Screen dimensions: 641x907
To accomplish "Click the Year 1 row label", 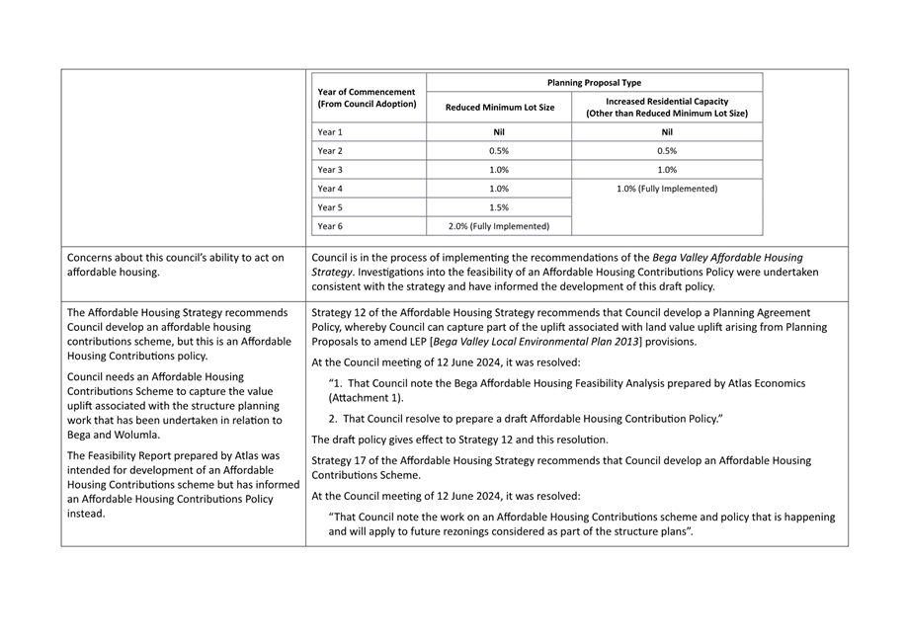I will pos(330,132).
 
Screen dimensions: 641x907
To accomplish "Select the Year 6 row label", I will pos(330,226).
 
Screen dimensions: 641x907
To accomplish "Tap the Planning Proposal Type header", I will pos(593,83).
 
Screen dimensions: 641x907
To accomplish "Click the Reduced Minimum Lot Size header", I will pos(499,108).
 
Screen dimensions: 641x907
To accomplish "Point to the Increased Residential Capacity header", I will pos(667,101).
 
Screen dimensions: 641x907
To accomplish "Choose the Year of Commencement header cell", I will pos(367,98).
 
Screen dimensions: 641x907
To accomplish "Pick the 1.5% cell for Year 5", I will pos(499,207).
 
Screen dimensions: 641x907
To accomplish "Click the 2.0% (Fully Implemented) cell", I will pos(499,226).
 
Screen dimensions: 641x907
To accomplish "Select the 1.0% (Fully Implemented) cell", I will pos(667,189).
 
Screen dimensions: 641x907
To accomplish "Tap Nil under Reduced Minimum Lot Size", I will pos(499,132).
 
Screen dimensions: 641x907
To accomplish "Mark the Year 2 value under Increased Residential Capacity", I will pos(667,151).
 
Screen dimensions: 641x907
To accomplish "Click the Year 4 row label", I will pos(330,189).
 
